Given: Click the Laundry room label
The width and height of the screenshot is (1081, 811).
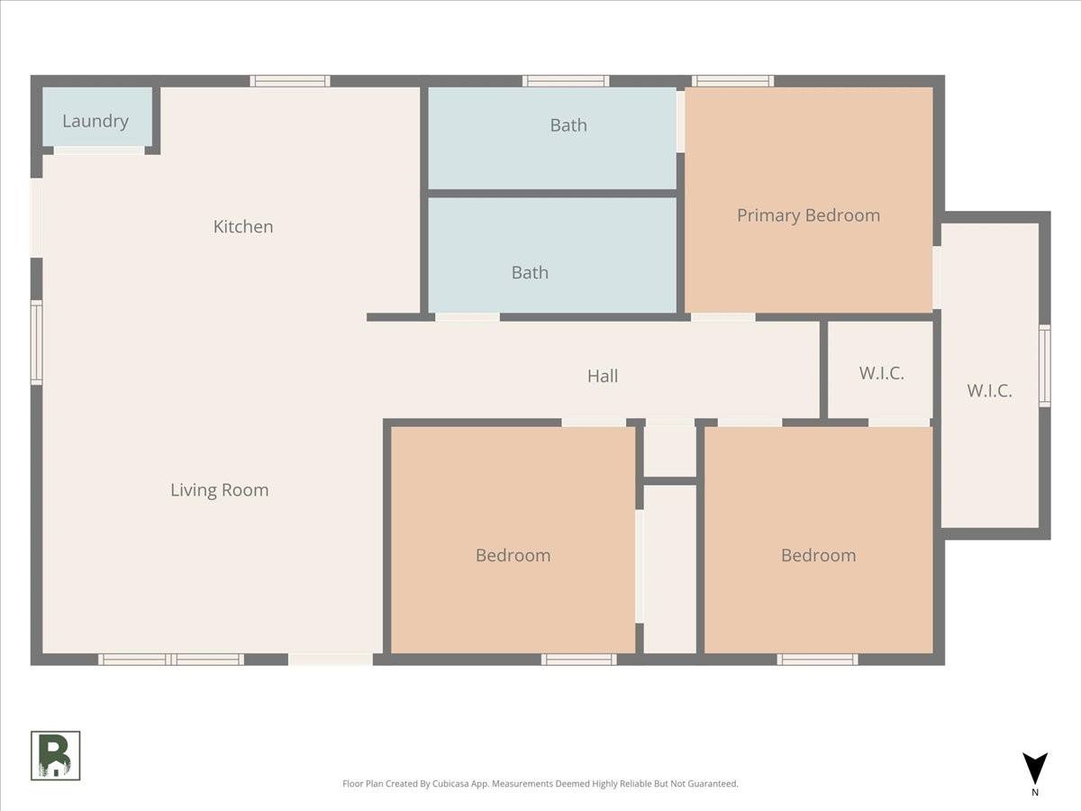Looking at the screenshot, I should [x=95, y=121].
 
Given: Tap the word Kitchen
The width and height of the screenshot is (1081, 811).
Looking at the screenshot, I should [x=242, y=226].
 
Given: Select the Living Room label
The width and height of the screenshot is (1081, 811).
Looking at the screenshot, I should [x=219, y=490].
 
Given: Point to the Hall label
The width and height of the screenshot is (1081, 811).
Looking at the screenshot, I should [x=603, y=376].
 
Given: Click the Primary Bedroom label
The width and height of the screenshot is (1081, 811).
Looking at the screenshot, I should [x=808, y=215].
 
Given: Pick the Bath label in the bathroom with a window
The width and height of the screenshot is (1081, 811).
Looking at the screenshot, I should [x=568, y=125].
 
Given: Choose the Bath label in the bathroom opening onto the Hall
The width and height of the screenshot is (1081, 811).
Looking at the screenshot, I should [x=530, y=272].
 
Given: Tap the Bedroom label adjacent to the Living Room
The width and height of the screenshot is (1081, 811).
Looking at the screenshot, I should [x=513, y=555].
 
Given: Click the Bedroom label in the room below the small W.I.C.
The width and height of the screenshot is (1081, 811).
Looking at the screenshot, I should [x=818, y=555].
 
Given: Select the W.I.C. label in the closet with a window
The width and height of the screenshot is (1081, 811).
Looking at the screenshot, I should [x=989, y=391].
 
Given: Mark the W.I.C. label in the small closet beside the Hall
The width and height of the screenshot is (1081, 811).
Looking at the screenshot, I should [x=881, y=373].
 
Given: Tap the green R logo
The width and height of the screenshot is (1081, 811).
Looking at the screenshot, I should [x=56, y=755].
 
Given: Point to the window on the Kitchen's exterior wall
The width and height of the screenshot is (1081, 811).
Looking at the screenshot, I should [x=289, y=81].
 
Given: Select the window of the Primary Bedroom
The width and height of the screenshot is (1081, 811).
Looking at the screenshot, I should [x=732, y=81].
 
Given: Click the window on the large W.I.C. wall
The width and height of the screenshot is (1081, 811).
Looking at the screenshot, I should [x=1045, y=365].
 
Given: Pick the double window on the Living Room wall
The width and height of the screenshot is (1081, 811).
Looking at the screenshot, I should [x=171, y=660].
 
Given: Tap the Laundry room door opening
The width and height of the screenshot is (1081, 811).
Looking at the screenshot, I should [x=99, y=150].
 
